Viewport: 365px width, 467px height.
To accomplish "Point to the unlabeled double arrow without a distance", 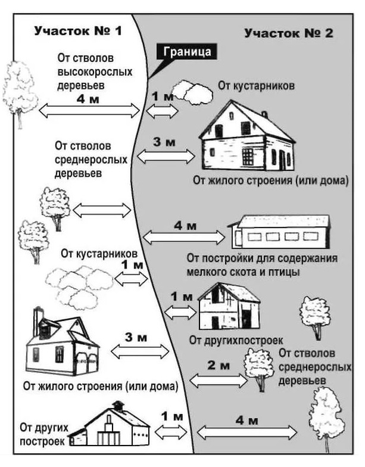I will (101, 210).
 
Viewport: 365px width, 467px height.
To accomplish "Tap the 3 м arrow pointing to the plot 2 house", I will (166, 156).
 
